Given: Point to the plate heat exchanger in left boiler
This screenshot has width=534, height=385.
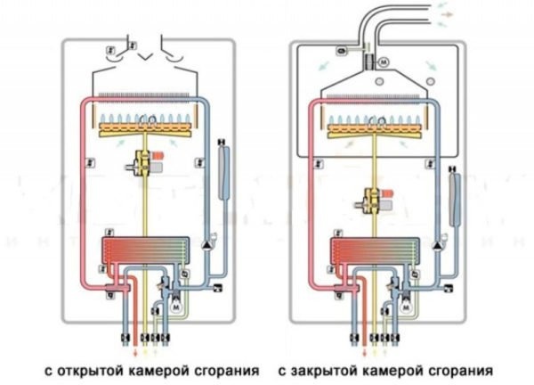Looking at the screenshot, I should (144, 253).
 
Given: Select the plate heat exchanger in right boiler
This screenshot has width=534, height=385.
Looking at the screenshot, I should (372, 253).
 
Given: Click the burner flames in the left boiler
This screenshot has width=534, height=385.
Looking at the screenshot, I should (144, 119).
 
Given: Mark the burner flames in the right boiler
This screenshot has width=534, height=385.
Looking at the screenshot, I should (372, 119).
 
